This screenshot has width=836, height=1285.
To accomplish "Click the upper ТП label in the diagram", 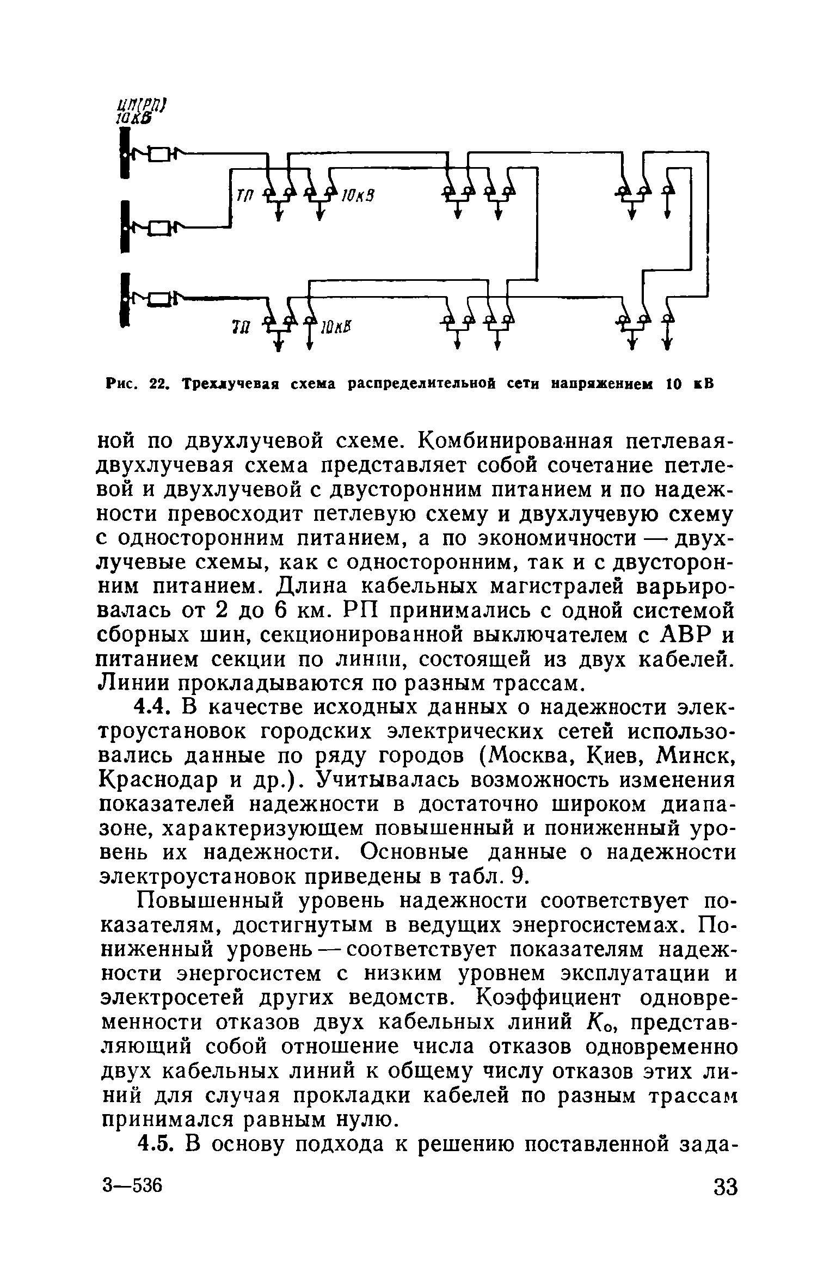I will (x=242, y=195).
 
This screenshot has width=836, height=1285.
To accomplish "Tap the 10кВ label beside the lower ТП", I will (x=337, y=327).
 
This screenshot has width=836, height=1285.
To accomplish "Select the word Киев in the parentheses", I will (x=614, y=756).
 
